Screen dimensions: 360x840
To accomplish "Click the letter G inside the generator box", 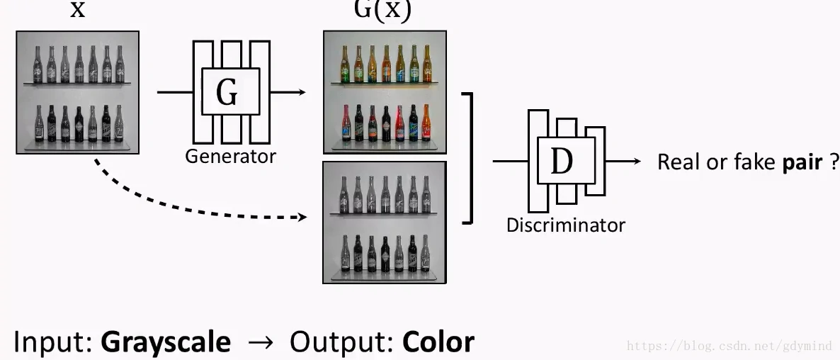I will point(227,92).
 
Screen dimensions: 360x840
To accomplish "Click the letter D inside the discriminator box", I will point(561,162).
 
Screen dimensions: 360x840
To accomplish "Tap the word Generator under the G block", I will point(230,156).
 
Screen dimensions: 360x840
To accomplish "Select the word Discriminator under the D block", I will point(565,225).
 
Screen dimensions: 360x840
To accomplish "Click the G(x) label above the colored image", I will point(382,11).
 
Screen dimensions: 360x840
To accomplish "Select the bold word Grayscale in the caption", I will point(166,342).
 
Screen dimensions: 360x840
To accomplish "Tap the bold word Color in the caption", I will point(438,342).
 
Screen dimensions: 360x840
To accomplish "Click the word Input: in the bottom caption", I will point(53,342).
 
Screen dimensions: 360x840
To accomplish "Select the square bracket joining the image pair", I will point(468,157).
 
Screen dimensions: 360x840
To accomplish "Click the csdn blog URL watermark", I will point(730,346).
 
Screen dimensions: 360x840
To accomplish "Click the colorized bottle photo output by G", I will point(385,92).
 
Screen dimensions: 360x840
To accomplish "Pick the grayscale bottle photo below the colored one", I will point(385,223).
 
